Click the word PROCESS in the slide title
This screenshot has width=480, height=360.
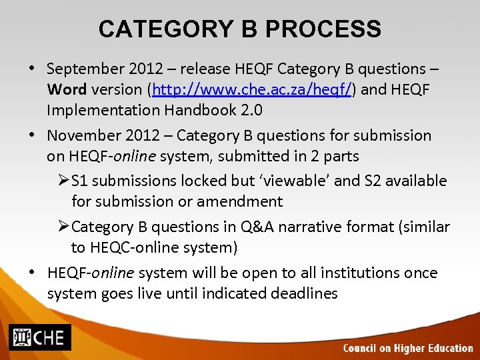click(323, 29)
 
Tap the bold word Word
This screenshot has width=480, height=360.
click(66, 89)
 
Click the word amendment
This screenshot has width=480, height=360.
click(243, 201)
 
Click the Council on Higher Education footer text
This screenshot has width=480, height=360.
click(407, 348)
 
